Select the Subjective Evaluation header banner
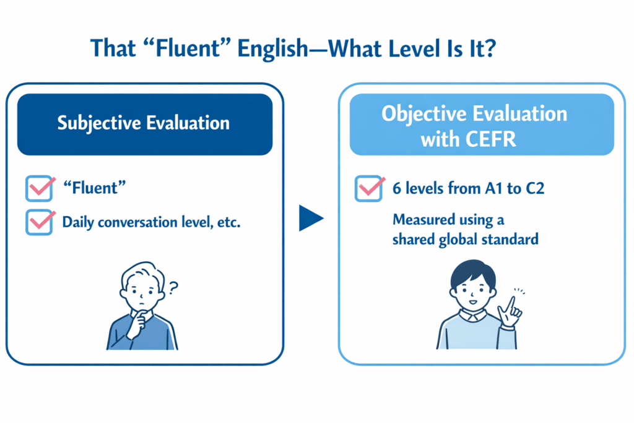(x=144, y=122)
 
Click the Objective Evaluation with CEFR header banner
(x=474, y=124)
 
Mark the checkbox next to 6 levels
(x=369, y=188)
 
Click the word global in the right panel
(x=464, y=239)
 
